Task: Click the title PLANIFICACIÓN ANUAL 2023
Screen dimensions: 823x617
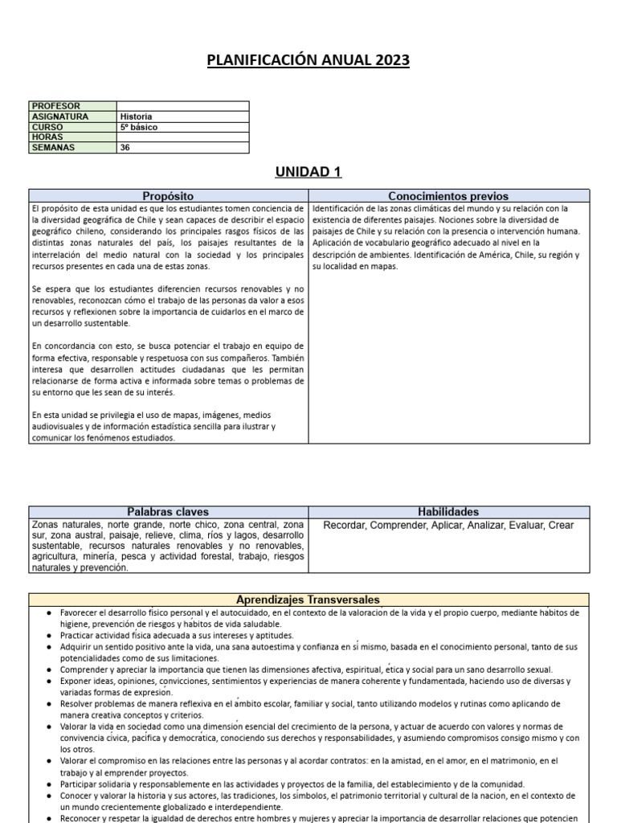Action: [308, 61]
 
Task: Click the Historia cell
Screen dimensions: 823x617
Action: [136, 117]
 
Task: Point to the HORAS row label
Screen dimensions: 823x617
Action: [47, 137]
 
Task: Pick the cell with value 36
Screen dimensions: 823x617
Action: [125, 148]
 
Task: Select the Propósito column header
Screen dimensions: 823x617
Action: [168, 196]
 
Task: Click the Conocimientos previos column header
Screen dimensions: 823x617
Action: [448, 196]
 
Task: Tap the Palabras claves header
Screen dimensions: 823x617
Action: [168, 512]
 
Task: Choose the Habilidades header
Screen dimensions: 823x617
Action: [448, 512]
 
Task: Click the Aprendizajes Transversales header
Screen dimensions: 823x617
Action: [308, 600]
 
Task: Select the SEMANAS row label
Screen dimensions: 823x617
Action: [53, 148]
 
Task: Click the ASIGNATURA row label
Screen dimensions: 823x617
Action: [59, 117]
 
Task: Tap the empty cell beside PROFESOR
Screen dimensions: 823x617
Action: [182, 106]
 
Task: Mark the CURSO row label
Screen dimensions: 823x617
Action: [47, 127]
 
